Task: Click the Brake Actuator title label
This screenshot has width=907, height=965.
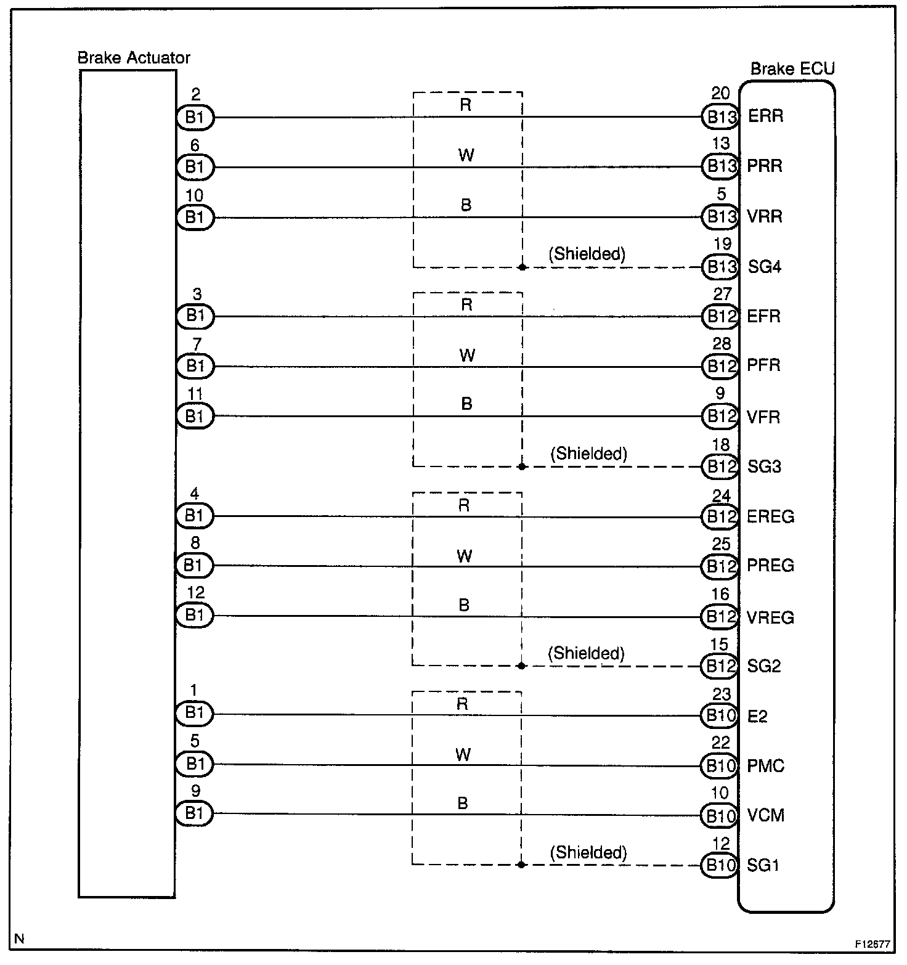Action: click(x=134, y=58)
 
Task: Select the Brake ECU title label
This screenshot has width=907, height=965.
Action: click(x=792, y=69)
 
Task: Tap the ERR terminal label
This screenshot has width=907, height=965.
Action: click(x=765, y=116)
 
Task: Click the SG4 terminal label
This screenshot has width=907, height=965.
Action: click(x=765, y=267)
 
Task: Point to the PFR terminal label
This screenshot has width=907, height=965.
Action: click(x=764, y=365)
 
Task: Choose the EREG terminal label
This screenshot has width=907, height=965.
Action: click(x=770, y=516)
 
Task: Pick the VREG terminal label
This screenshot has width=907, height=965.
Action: click(x=770, y=617)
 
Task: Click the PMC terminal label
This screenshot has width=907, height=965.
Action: click(x=766, y=766)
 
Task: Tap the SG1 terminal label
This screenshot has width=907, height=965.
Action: click(x=763, y=866)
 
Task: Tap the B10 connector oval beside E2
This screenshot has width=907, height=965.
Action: click(x=719, y=715)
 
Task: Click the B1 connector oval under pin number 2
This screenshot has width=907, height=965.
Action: click(x=195, y=117)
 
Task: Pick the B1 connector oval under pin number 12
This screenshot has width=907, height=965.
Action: click(x=195, y=615)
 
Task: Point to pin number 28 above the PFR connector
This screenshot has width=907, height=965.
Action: click(x=722, y=344)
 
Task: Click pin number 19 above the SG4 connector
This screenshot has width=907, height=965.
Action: click(x=722, y=244)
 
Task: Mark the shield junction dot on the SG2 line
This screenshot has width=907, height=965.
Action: click(x=522, y=666)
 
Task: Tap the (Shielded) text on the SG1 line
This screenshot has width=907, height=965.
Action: click(x=588, y=852)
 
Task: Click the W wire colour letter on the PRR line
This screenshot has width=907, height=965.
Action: click(x=466, y=155)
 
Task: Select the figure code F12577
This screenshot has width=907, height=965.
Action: click(x=872, y=944)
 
